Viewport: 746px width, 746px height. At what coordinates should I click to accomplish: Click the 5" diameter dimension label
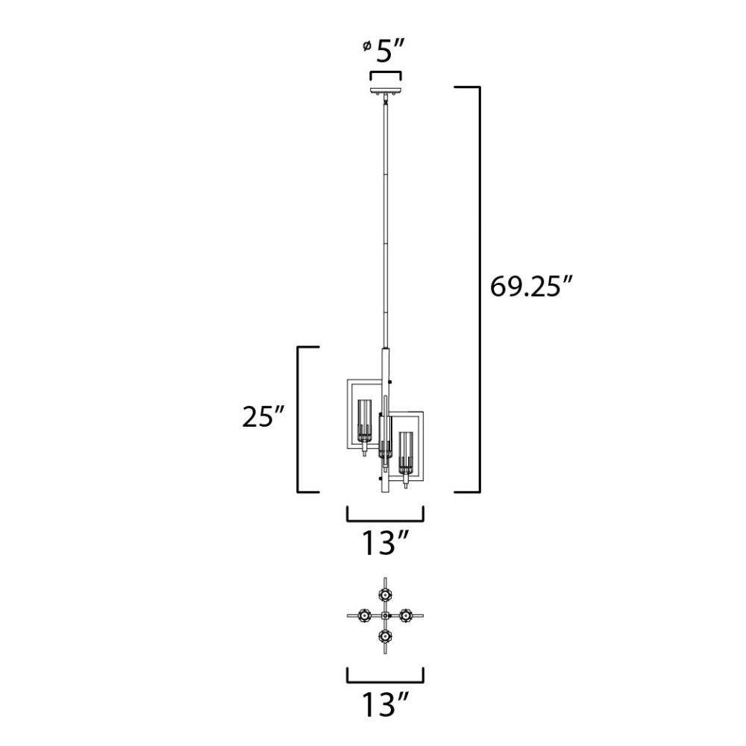click(x=390, y=51)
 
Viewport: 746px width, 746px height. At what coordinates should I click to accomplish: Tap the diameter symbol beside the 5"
click(x=366, y=46)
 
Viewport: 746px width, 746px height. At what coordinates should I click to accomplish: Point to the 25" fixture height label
click(x=263, y=417)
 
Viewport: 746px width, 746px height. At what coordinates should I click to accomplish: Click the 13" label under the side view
click(x=386, y=543)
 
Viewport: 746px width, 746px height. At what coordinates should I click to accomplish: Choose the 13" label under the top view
click(x=386, y=705)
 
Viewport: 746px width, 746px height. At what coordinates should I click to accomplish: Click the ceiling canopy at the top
click(x=386, y=91)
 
